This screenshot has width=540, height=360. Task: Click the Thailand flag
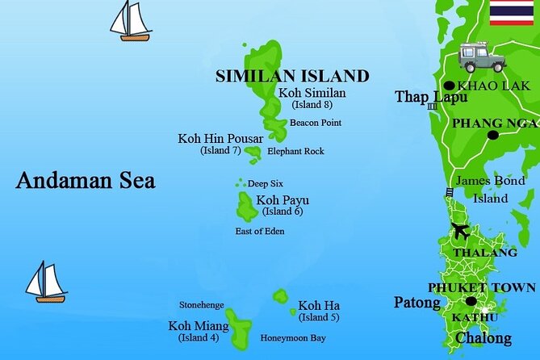click(x=511, y=12)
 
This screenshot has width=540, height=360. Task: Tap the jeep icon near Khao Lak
click(x=481, y=57)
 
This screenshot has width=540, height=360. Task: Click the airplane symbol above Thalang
click(x=461, y=231)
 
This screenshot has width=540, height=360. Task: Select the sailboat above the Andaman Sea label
click(x=131, y=21)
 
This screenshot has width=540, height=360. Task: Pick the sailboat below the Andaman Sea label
click(x=45, y=282)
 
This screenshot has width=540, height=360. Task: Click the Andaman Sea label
click(x=86, y=180)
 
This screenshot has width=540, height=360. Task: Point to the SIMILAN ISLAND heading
click(x=291, y=77)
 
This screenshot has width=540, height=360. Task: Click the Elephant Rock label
click(x=295, y=151)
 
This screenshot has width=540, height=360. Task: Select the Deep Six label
click(x=265, y=183)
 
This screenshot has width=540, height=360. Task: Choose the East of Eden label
click(x=260, y=232)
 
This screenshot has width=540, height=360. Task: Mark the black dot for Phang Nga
click(x=493, y=135)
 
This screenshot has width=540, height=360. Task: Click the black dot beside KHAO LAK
click(x=449, y=86)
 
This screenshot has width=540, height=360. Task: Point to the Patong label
click(x=417, y=303)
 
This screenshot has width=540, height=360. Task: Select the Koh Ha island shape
click(x=280, y=296)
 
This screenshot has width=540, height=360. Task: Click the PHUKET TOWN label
click(x=481, y=287)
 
